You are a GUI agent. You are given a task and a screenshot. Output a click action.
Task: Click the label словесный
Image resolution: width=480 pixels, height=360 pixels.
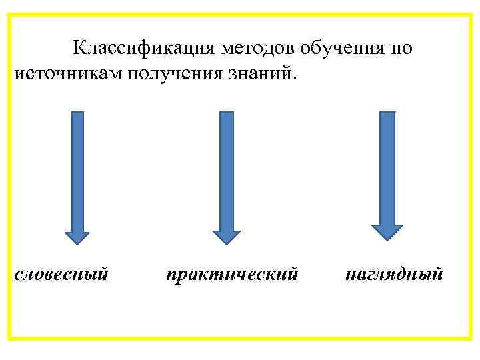point(61,273)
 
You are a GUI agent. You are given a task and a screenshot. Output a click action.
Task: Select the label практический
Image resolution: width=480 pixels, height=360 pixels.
point(231,273)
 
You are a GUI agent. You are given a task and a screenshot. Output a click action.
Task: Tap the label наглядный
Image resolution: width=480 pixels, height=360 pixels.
point(394,273)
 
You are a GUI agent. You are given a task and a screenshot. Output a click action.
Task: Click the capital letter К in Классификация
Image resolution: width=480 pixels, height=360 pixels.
point(79,48)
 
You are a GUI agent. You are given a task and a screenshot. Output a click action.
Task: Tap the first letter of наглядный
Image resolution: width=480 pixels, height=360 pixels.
point(351,274)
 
